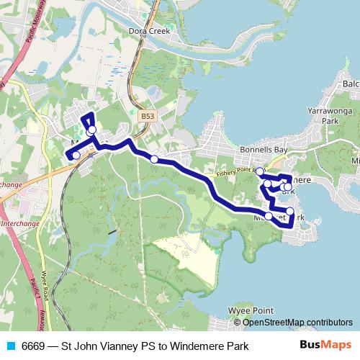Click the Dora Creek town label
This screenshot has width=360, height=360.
pyautogui.click(x=148, y=32)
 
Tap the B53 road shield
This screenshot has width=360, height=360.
pyautogui.click(x=147, y=114)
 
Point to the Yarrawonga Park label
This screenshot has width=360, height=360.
pyautogui.click(x=330, y=117)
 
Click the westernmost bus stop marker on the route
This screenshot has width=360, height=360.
pyautogui.click(x=76, y=155)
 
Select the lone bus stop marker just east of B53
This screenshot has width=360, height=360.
pyautogui.click(x=154, y=158)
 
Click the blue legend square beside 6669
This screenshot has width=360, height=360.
pyautogui.click(x=11, y=346)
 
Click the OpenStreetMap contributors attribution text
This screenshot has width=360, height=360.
pyautogui.click(x=297, y=322)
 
